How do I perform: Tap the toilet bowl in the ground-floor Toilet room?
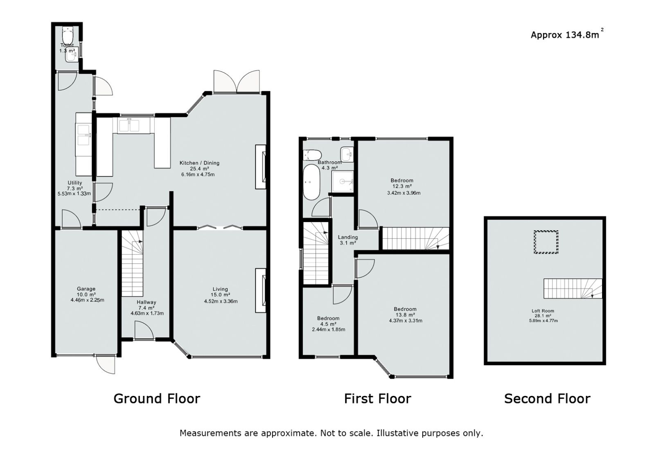[68, 32]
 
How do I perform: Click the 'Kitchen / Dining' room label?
[199, 163]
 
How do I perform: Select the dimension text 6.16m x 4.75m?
[198, 175]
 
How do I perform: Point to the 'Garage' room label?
[86, 289]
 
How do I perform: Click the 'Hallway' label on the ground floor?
[147, 302]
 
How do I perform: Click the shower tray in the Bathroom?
[342, 181]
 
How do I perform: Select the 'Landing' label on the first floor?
[348, 237]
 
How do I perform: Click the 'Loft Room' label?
[543, 311]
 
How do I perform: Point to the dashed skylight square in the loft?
[546, 242]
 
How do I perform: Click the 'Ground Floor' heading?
[157, 398]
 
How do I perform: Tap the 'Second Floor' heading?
[547, 398]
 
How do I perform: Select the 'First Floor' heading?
[377, 398]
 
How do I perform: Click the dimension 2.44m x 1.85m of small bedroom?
[328, 330]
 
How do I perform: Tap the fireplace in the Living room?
[261, 290]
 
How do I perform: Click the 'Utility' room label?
[75, 183]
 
